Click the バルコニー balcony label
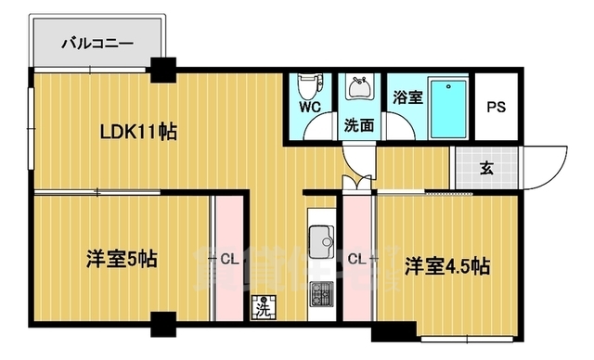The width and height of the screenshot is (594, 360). [x=97, y=43]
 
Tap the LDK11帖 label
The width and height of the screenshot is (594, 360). [x=139, y=132]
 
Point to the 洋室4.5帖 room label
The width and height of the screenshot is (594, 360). [x=447, y=266]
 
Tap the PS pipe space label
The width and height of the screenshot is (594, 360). [x=498, y=107]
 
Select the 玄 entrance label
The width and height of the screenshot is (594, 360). [x=486, y=168]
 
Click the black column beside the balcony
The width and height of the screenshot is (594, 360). [x=164, y=69]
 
